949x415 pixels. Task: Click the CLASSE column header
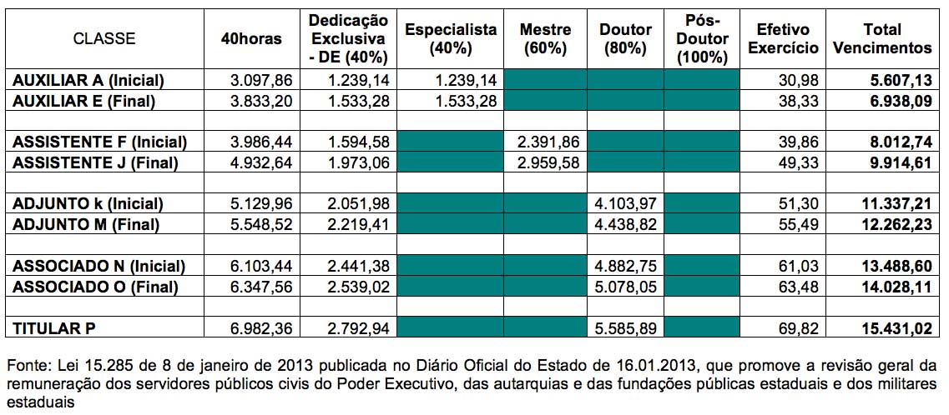[104, 39]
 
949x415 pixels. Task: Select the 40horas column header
[252, 39]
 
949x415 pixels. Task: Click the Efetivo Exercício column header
[783, 39]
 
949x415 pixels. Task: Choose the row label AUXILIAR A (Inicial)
[88, 80]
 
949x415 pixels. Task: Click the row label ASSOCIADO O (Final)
[96, 287]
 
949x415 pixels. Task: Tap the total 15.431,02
[896, 328]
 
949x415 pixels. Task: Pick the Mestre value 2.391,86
[548, 142]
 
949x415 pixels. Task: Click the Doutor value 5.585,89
[625, 328]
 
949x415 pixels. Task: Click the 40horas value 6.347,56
[262, 287]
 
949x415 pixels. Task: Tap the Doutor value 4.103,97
[625, 204]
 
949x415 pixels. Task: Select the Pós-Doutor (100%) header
[701, 39]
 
